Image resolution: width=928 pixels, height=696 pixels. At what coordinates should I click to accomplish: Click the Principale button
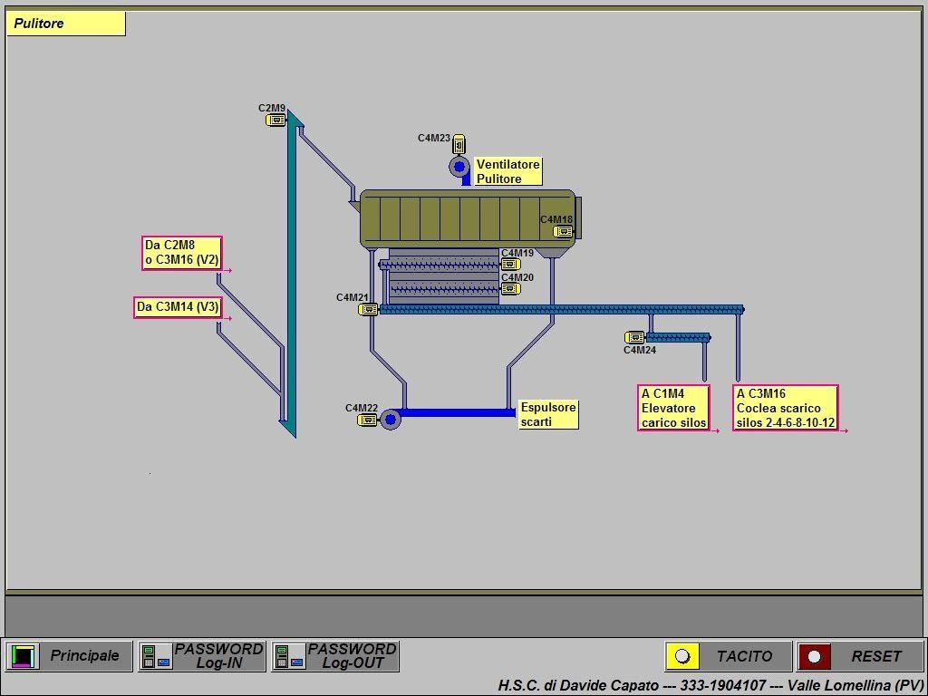tap(69, 656)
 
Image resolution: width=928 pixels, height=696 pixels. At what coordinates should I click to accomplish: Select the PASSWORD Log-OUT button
tap(335, 656)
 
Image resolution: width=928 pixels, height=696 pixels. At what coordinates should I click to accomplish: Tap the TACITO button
tap(728, 656)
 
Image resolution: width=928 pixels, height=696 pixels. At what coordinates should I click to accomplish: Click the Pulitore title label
tap(65, 24)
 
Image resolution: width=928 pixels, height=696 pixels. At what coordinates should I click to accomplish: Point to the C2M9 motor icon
tap(275, 121)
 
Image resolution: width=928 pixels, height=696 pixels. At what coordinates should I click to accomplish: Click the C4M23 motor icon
tap(459, 144)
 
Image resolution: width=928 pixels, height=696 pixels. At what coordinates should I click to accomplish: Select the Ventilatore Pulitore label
tap(508, 171)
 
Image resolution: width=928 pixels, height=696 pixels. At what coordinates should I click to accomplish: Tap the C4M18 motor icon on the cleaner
tap(564, 231)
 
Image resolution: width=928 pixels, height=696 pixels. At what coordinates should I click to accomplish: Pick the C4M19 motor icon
tap(511, 264)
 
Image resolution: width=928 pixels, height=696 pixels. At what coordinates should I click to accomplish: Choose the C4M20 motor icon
tap(511, 289)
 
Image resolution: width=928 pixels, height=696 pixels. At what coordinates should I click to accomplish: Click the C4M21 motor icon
tap(368, 309)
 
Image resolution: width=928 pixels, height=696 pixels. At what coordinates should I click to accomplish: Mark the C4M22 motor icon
tap(368, 420)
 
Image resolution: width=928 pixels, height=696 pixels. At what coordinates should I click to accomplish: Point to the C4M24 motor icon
tap(635, 338)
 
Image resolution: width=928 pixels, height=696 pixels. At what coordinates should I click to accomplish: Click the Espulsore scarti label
tap(548, 414)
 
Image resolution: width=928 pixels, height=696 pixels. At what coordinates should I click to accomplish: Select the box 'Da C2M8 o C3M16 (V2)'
tap(182, 254)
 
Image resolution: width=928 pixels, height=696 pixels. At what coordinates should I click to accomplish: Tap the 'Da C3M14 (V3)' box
tap(179, 307)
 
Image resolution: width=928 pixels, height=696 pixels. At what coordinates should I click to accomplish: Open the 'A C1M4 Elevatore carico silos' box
tap(674, 408)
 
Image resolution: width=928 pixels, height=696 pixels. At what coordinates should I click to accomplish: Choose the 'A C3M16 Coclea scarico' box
tap(786, 408)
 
